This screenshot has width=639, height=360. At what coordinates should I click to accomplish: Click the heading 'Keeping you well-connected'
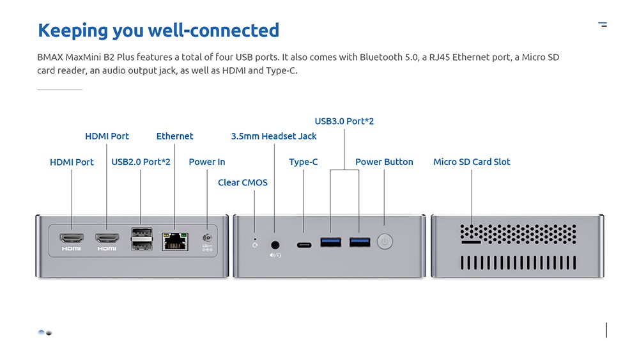(158, 30)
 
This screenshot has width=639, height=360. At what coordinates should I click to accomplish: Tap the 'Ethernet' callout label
(174, 136)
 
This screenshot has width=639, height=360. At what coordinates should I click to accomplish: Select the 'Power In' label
(207, 162)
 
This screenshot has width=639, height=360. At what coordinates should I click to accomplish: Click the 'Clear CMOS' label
(243, 182)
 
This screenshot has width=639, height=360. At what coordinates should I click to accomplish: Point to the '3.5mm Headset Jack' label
(273, 136)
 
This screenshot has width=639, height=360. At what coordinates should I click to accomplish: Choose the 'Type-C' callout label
(303, 162)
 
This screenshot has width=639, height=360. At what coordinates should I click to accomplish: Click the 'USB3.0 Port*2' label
(344, 121)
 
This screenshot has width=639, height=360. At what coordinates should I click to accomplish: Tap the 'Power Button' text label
(384, 162)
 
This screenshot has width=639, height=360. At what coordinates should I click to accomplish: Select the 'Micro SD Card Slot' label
(472, 162)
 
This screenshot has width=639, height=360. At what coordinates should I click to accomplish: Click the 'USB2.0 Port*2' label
(141, 162)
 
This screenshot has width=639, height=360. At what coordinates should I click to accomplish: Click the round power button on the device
(384, 242)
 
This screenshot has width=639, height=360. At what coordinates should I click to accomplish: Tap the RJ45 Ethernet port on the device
(174, 241)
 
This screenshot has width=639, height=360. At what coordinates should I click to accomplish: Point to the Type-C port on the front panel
(304, 243)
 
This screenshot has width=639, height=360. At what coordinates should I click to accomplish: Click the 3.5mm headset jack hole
(275, 244)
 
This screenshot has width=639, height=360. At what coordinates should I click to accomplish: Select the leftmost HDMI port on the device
(72, 239)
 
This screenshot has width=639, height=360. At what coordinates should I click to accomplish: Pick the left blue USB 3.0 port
(330, 242)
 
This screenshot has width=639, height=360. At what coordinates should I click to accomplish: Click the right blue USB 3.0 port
(359, 242)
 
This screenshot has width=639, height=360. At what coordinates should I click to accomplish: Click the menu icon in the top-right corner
(603, 25)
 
